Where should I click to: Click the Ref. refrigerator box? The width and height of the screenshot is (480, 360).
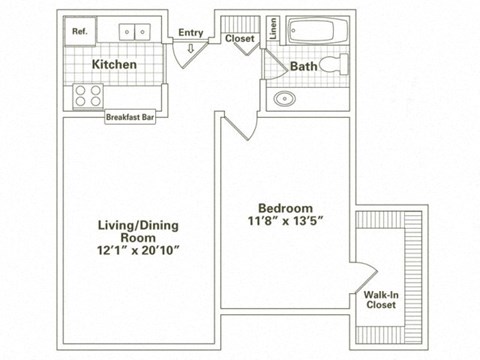coord(81,32)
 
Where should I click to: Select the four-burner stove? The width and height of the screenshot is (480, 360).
coord(88,96)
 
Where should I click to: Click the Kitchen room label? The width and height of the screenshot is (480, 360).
coord(115,65)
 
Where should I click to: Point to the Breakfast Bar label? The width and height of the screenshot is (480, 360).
coord(131,117)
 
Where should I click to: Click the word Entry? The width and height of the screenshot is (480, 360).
coord(191,33)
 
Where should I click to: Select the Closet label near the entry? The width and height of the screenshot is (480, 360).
coord(238,39)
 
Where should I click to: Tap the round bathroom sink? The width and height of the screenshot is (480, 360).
coord(285,99)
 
